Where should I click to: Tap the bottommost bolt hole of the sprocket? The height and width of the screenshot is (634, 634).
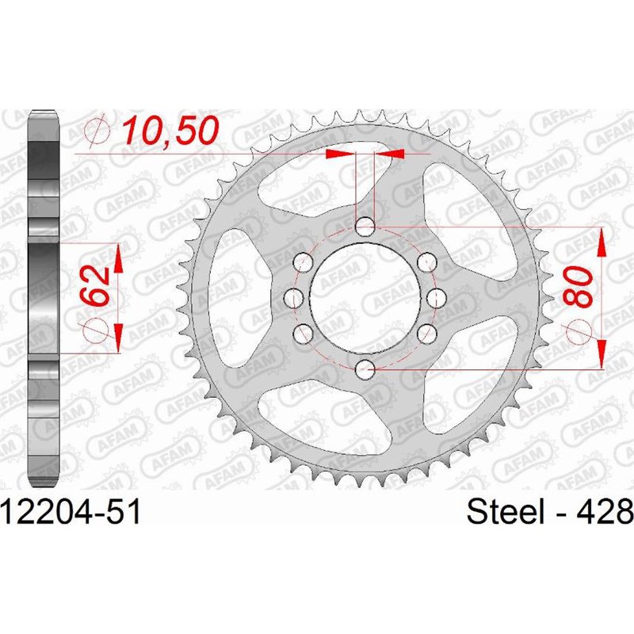tap(365, 368)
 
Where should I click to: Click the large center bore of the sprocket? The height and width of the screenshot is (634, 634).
tap(365, 298)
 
